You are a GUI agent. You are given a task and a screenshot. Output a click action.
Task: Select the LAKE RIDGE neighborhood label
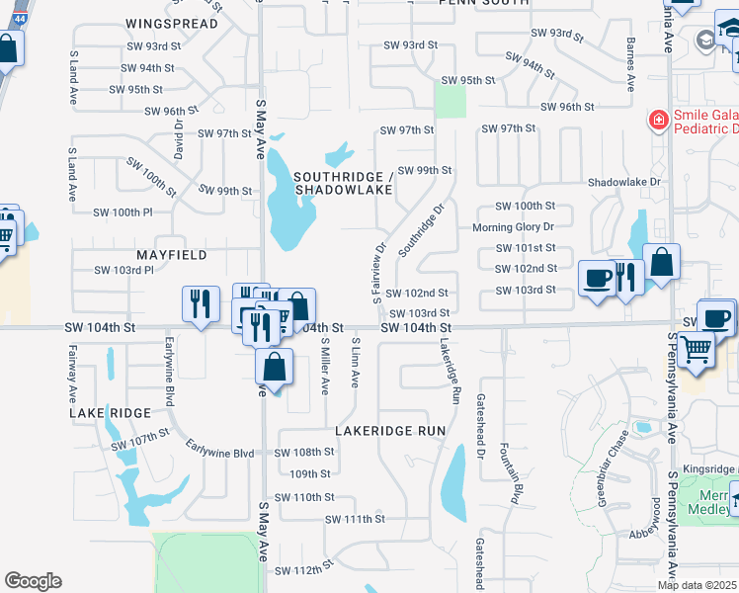(110, 412)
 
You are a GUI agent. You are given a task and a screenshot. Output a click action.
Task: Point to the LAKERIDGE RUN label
(390, 431)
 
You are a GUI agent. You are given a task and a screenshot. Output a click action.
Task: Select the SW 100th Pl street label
(123, 212)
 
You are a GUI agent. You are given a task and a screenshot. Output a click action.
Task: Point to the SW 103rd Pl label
(124, 270)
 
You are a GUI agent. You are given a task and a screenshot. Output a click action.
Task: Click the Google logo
(33, 581)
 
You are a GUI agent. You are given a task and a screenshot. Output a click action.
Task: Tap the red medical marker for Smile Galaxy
(656, 120)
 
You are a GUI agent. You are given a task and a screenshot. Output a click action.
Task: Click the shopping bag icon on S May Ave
(275, 367)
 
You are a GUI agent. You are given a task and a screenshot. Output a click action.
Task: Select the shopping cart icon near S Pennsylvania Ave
(697, 347)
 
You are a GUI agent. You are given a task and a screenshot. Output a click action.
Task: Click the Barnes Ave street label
(629, 65)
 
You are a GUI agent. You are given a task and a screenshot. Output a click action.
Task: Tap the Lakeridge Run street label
(451, 374)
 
